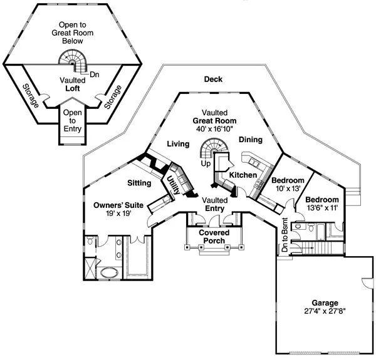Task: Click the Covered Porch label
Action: [214, 237]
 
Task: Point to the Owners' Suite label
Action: [119, 205]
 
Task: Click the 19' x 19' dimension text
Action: [119, 213]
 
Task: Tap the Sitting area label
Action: [138, 183]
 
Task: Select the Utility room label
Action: [169, 185]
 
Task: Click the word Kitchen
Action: [243, 175]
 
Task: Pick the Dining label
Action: [251, 141]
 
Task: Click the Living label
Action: [178, 145]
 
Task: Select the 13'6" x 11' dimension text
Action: [321, 207]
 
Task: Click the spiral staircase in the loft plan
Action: [74, 61]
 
